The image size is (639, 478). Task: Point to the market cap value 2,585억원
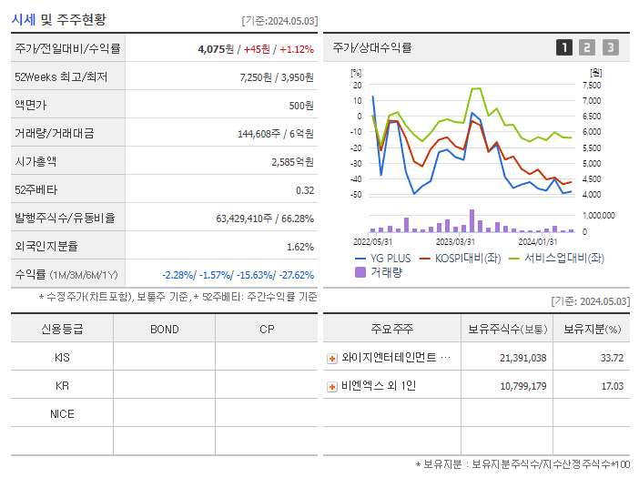pyautogui.click(x=292, y=162)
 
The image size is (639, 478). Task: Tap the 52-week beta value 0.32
pyautogui.click(x=305, y=190)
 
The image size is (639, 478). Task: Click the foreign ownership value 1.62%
pyautogui.click(x=299, y=247)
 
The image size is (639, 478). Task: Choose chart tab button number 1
pyautogui.click(x=564, y=47)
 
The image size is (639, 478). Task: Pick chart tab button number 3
pyautogui.click(x=610, y=47)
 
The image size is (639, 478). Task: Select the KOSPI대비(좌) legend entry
pyautogui.click(x=463, y=258)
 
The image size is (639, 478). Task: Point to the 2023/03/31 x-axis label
pyautogui.click(x=455, y=241)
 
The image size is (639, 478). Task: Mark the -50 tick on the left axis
pyautogui.click(x=356, y=195)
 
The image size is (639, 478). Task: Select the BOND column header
pyautogui.click(x=164, y=329)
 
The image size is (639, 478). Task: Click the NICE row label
pyautogui.click(x=62, y=414)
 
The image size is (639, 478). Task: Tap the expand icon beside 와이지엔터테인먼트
pyautogui.click(x=332, y=358)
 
